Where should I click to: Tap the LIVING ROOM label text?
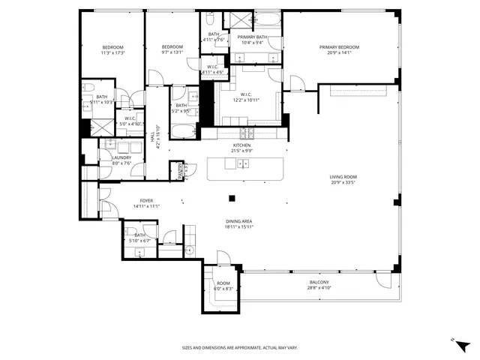(342, 178)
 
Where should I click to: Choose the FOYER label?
(146, 201)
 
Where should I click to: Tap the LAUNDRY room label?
(121, 157)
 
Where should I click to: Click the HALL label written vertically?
(152, 136)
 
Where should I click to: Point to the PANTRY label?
(180, 171)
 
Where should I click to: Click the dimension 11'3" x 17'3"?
(112, 53)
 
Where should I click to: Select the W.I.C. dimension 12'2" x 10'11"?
(245, 100)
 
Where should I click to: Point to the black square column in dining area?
(232, 199)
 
